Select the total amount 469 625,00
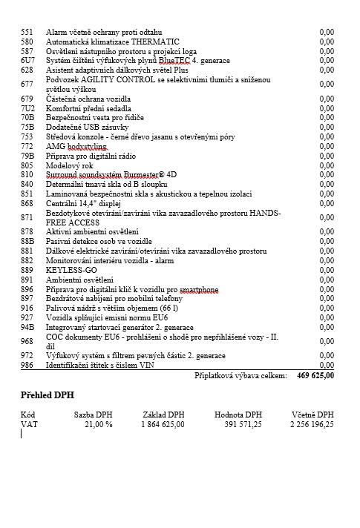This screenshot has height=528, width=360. (x=315, y=376)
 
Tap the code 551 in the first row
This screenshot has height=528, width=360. (x=27, y=33)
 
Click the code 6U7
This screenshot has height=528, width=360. (x=28, y=60)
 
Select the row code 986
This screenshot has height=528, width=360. (x=27, y=365)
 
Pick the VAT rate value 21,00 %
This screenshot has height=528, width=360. (x=98, y=424)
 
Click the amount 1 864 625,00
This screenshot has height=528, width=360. (x=163, y=424)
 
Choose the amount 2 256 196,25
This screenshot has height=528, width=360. (x=312, y=424)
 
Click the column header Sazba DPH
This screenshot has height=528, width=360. (x=94, y=415)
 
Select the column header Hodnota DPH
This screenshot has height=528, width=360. (x=238, y=415)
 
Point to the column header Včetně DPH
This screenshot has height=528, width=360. (x=312, y=415)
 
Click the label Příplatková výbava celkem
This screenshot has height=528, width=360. (x=240, y=376)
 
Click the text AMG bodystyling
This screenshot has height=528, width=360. (x=77, y=147)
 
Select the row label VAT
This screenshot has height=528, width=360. (x=29, y=424)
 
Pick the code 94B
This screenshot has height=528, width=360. (x=28, y=327)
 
